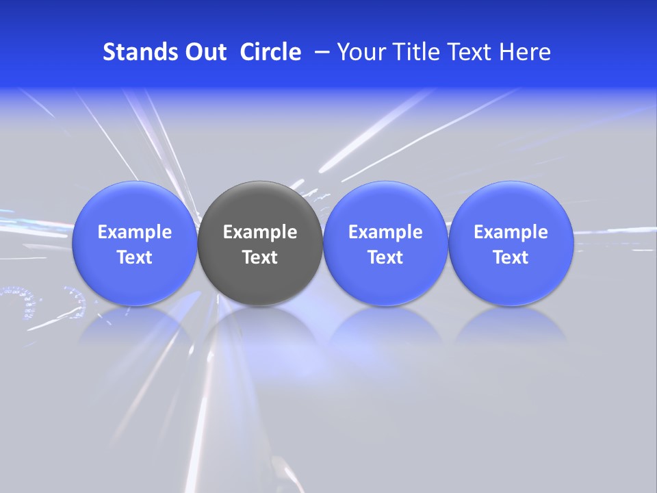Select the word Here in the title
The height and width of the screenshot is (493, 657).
pyautogui.click(x=524, y=52)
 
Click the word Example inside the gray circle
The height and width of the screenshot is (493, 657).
pyautogui.click(x=260, y=232)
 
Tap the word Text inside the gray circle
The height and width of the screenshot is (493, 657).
pyautogui.click(x=260, y=257)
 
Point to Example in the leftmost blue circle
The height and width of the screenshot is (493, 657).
pyautogui.click(x=134, y=232)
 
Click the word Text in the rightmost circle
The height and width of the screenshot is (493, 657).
pyautogui.click(x=511, y=257)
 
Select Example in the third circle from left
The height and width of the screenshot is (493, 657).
pyautogui.click(x=385, y=232)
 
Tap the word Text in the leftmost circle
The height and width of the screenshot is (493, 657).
pyautogui.click(x=134, y=257)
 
